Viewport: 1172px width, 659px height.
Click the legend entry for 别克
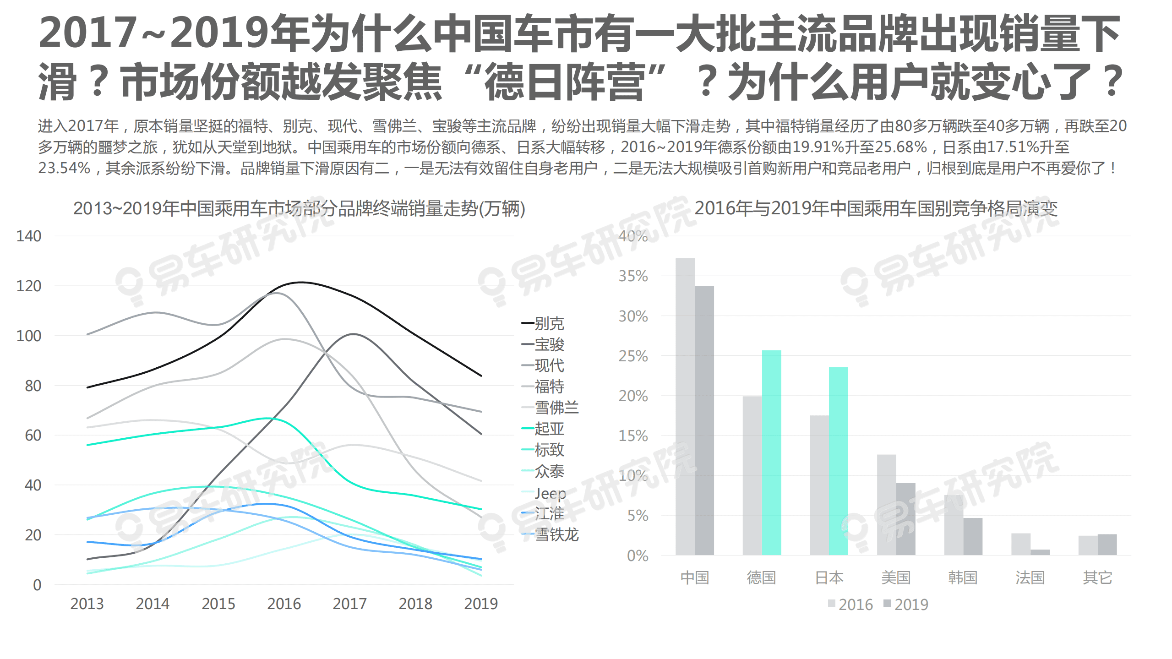548,323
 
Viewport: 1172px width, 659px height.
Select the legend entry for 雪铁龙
556,534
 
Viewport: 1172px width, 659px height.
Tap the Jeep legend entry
550,493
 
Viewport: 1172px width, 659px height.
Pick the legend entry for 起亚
548,428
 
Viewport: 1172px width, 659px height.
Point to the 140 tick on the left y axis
28,236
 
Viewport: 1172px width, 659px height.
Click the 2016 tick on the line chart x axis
284,604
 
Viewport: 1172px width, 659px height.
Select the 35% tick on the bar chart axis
633,276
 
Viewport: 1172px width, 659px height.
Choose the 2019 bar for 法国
1040,552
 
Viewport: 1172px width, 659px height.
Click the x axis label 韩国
963,577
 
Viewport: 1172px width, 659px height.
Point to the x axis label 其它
1097,577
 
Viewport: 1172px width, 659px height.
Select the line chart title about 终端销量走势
299,209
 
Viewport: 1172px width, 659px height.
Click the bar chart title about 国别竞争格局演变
876,209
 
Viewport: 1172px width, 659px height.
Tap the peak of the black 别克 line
300,282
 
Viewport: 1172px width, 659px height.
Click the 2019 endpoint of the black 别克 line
481,376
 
